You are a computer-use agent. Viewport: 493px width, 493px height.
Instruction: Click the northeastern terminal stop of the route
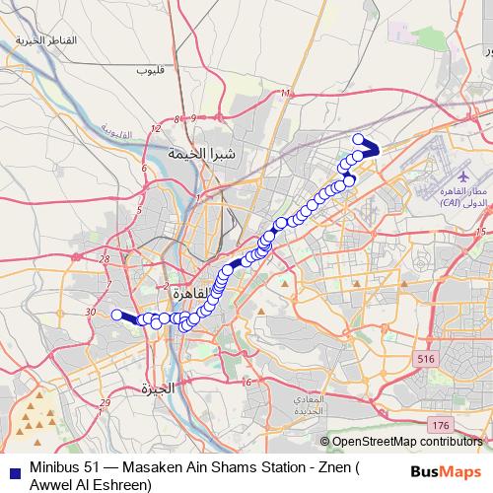pyautogui.click(x=359, y=139)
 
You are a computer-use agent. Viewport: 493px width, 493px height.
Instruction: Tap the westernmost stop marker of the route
pyautogui.click(x=116, y=315)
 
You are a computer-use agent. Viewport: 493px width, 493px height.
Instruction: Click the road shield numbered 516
pyautogui.click(x=425, y=359)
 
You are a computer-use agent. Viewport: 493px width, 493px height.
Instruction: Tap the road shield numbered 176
pyautogui.click(x=440, y=424)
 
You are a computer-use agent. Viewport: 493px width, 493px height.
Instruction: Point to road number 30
pyautogui.click(x=91, y=312)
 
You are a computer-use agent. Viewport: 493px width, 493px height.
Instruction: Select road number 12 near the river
pyautogui.click(x=154, y=129)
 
